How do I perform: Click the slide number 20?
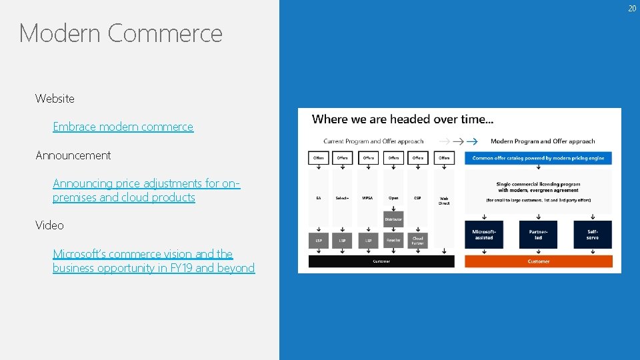point(632,8)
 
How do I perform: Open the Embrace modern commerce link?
point(123,127)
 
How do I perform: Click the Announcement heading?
point(73,155)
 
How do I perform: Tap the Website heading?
point(55,99)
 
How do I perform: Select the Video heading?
point(50,225)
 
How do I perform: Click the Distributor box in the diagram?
point(393,219)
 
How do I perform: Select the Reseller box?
point(393,240)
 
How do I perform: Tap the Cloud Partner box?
point(418,240)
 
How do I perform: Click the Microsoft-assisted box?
point(484,235)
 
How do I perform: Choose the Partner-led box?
point(538,235)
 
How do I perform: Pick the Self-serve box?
point(592,235)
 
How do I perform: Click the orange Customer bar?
point(538,261)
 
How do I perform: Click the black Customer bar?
point(381,261)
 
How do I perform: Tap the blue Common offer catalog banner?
point(538,158)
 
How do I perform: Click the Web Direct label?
point(444,200)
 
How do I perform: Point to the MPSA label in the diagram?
point(368,198)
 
